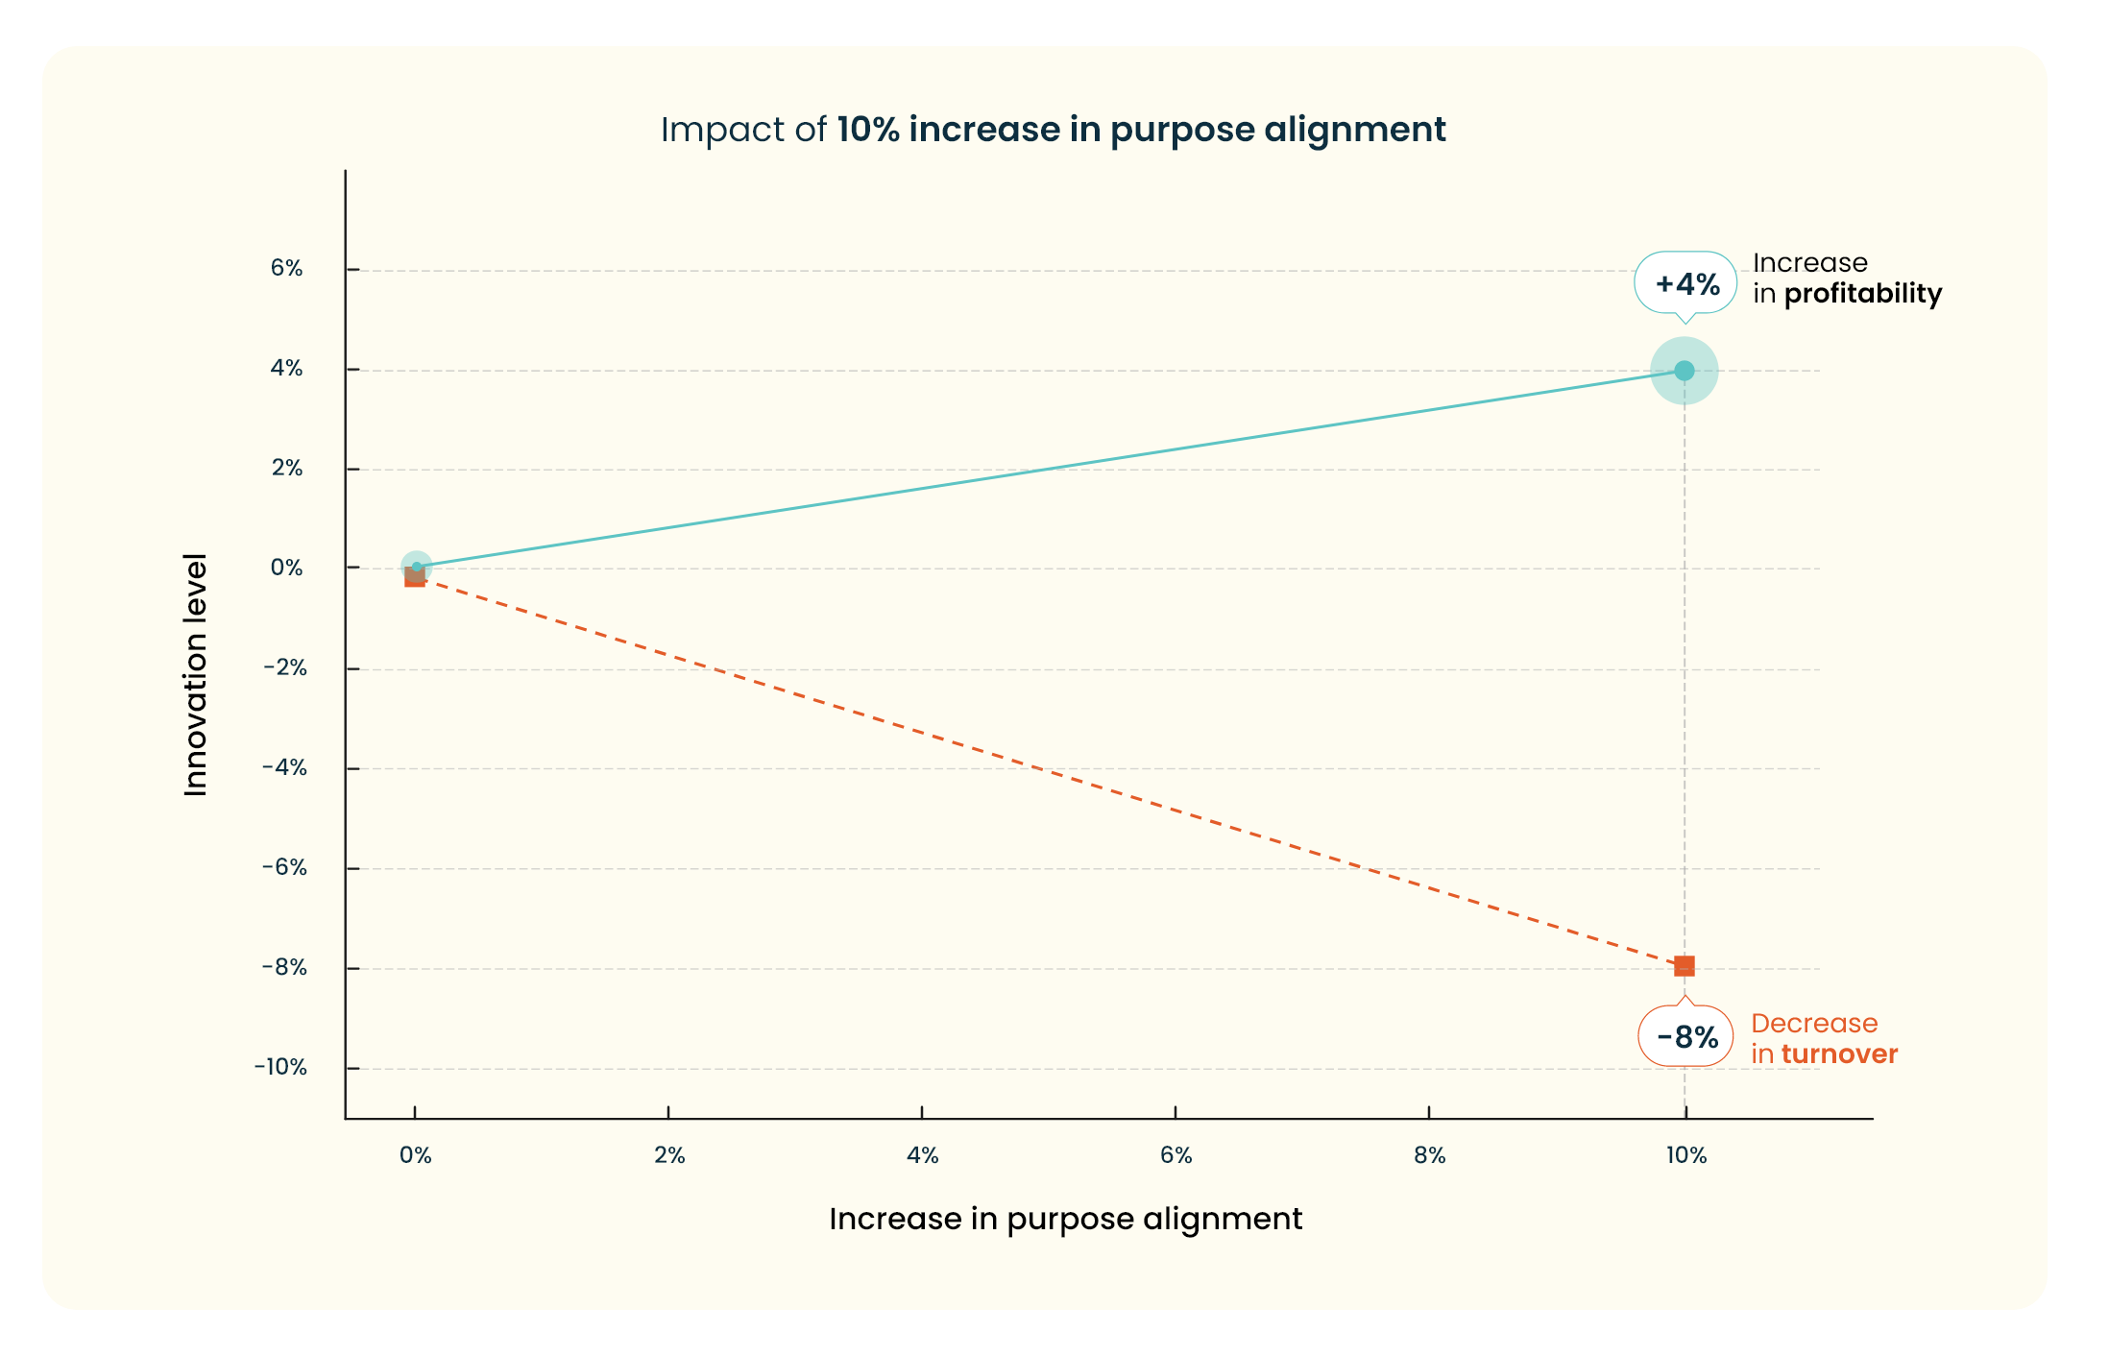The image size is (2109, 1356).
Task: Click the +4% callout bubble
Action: (1685, 283)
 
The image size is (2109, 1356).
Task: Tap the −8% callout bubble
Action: (1685, 1036)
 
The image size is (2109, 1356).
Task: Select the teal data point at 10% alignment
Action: (1684, 371)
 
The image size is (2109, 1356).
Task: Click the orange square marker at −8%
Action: (1684, 965)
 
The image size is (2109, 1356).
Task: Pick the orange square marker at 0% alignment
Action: (414, 577)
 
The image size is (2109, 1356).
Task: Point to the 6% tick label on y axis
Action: (286, 268)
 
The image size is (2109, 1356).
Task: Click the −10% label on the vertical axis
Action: (280, 1067)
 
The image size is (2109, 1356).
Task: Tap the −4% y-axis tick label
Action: (284, 767)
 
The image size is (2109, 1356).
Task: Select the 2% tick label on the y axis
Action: (286, 468)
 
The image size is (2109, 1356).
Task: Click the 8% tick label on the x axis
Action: (1429, 1155)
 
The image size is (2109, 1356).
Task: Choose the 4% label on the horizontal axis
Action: (922, 1155)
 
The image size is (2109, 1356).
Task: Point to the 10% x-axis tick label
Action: (1685, 1155)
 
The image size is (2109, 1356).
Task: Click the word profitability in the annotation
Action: (1862, 294)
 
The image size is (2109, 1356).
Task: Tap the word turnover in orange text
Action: (1839, 1054)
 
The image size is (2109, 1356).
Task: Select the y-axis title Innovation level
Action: (196, 674)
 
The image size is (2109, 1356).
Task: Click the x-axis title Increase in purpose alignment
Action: (1065, 1219)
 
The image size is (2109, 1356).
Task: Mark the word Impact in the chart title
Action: (708, 130)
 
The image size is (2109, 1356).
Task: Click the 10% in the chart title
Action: (867, 130)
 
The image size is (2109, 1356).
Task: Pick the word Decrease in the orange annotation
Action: (1814, 1024)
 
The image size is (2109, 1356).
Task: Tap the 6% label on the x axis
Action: (1176, 1155)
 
